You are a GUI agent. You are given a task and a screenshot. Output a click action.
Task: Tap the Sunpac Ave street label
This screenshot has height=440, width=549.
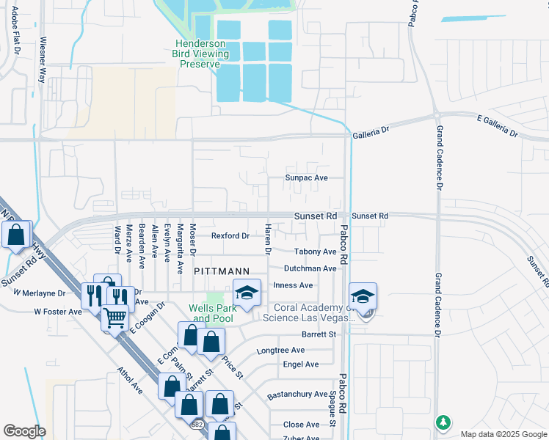306,178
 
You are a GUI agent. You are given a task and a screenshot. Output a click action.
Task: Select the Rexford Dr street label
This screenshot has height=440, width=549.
230,236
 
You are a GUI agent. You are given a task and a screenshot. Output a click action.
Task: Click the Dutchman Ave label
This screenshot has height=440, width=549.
310,268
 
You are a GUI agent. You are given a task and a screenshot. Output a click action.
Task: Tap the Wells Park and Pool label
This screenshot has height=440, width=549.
212,313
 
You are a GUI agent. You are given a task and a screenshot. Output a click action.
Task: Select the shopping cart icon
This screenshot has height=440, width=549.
114,318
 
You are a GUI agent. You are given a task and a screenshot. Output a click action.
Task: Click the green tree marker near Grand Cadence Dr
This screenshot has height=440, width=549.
443,423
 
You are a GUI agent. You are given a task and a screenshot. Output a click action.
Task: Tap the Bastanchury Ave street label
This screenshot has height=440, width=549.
297,395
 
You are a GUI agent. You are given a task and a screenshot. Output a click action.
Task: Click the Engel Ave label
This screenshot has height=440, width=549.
301,364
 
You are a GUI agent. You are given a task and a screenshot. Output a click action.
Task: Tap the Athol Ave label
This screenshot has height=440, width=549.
131,382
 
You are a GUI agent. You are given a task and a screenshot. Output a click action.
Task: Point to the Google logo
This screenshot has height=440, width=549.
23,431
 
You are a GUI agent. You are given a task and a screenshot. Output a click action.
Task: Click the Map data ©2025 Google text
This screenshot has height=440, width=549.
503,434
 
